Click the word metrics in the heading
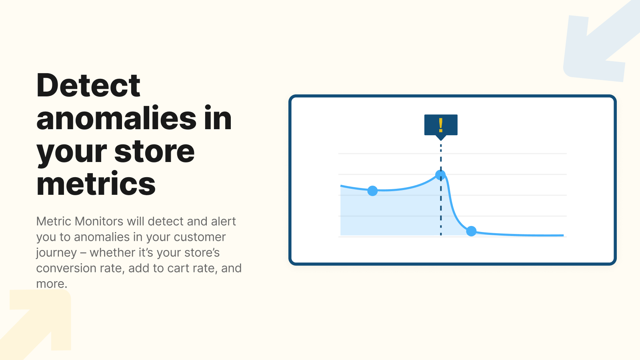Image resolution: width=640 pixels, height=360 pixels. point(96,184)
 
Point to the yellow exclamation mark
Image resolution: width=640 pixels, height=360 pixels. point(441,125)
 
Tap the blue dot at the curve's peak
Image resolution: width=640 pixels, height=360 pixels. point(440,175)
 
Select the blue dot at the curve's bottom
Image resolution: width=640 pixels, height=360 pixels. point(471,231)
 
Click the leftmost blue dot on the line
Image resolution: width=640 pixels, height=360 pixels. point(372,191)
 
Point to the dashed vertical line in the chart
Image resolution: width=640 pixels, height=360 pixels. point(441,208)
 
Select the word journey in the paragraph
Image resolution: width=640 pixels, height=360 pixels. point(56,253)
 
